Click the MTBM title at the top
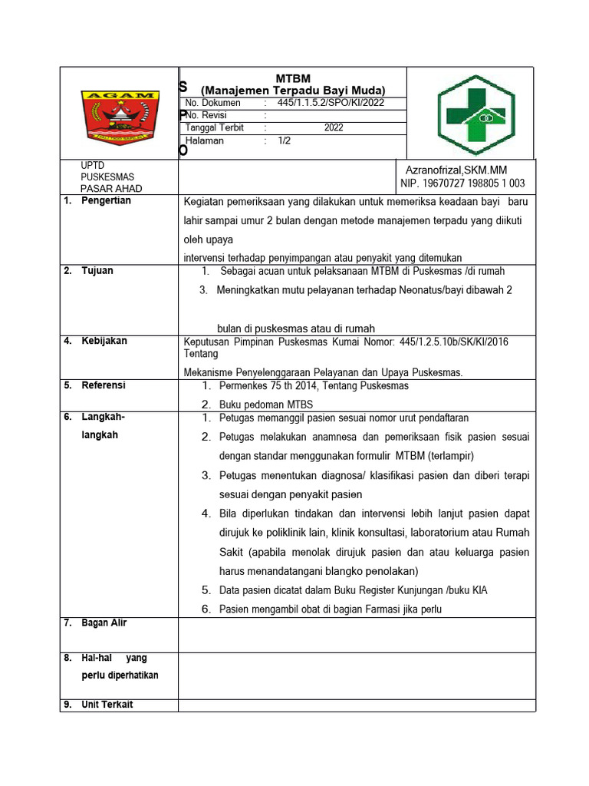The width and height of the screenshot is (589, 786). [x=292, y=78]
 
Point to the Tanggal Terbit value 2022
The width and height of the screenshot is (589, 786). [x=334, y=128]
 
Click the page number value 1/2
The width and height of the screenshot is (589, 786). [x=285, y=141]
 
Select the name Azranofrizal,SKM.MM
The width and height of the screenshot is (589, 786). [x=456, y=170]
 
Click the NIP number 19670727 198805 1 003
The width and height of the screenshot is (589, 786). [x=462, y=183]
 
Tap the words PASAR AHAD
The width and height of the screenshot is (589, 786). [x=111, y=189]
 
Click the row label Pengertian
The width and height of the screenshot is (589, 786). [x=106, y=201]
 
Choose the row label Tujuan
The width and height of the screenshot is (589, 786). [x=97, y=271]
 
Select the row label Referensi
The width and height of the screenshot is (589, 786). [x=104, y=385]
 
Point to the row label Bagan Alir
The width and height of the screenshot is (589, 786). [x=104, y=623]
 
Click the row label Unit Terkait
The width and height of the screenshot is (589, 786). [x=107, y=705]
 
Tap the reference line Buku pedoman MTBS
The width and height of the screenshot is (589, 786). [x=265, y=405]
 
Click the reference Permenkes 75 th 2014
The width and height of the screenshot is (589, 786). [x=314, y=386]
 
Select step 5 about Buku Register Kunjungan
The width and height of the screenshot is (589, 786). [x=353, y=590]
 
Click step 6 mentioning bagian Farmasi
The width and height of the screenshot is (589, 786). [x=331, y=609]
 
